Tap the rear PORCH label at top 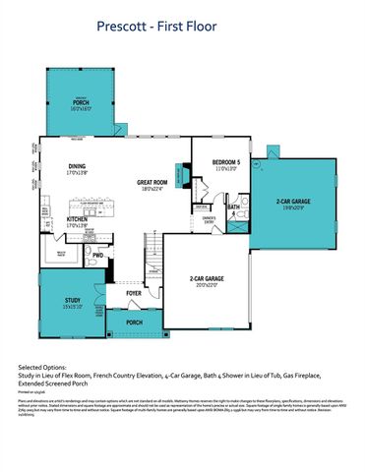click(x=81, y=102)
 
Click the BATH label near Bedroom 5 click(x=234, y=207)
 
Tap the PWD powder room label click(x=97, y=256)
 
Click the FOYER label click(x=134, y=292)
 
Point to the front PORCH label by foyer click(x=134, y=322)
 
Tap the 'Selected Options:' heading click(x=41, y=365)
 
